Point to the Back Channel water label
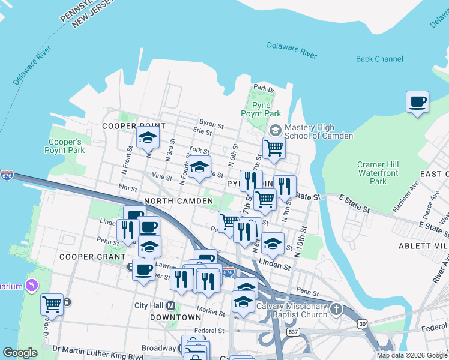pos(379,59)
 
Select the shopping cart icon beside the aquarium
pos(52,304)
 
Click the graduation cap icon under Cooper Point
pos(148,137)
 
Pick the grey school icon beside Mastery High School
pos(275,130)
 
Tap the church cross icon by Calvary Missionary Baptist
pos(336,310)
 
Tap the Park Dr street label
pos(263,89)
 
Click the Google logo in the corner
pos(20,353)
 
